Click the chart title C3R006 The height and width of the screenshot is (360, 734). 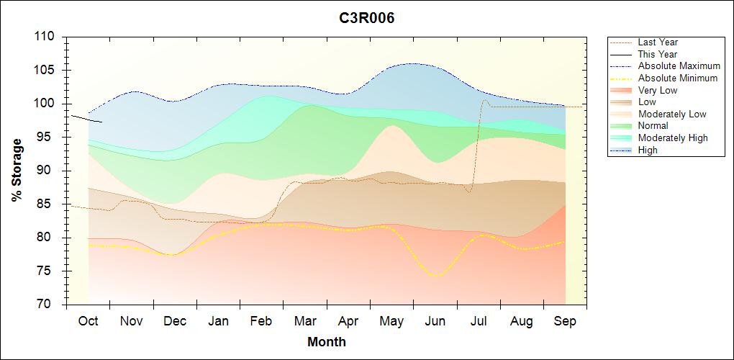[367, 18]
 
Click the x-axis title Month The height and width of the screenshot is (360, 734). [326, 342]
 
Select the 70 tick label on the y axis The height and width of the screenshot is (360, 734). [51, 305]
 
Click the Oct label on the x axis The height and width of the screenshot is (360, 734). [88, 321]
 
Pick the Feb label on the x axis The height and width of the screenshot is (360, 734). [261, 321]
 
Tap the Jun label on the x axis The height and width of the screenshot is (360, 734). [435, 321]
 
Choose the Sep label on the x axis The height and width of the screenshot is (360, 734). [565, 321]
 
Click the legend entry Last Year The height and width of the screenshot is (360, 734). [658, 42]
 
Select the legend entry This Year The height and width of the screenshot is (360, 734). [658, 54]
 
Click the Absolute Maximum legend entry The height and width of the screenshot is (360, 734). [679, 66]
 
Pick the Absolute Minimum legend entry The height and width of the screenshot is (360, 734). [678, 78]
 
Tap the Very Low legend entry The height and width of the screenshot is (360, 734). [658, 90]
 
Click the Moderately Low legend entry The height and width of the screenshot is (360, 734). [672, 114]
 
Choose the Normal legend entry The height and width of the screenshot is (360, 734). [653, 126]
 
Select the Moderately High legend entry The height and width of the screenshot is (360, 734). [673, 138]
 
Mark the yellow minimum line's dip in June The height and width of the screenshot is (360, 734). [435, 275]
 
